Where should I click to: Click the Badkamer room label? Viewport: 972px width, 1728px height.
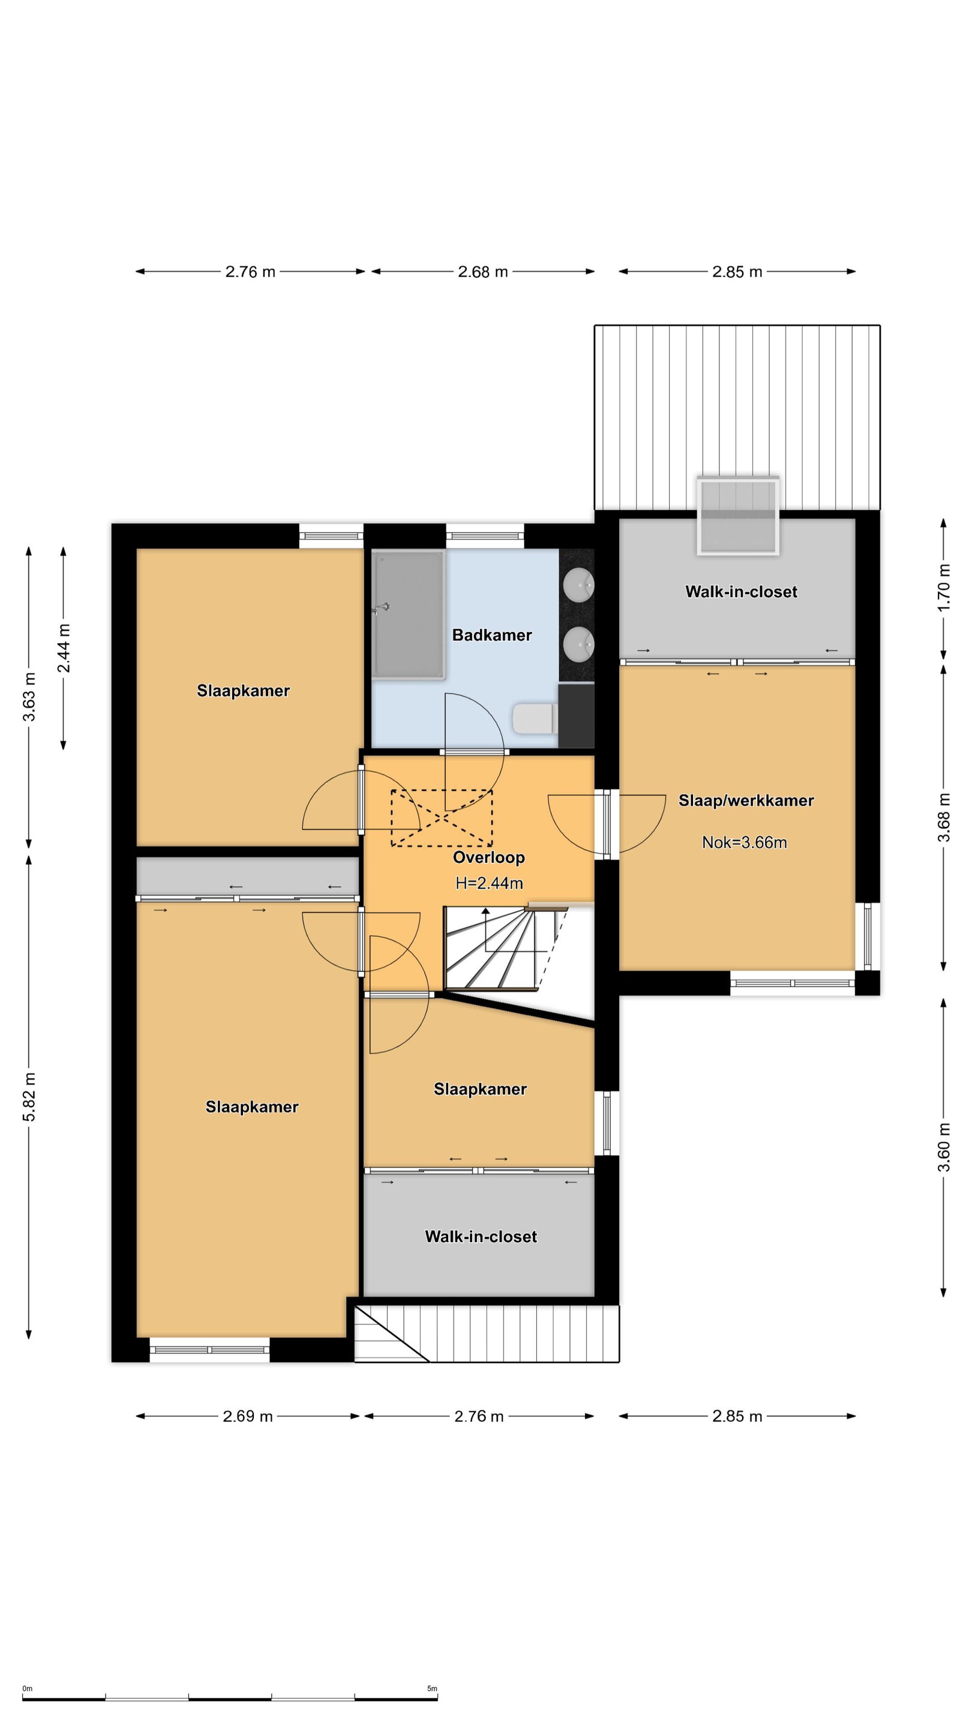tap(492, 635)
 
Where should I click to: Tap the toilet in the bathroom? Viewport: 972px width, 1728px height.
tap(535, 718)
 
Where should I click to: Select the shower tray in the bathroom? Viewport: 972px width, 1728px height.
tap(409, 614)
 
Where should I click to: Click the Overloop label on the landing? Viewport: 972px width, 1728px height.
tap(488, 857)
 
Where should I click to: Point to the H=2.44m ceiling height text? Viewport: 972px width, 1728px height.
tap(489, 883)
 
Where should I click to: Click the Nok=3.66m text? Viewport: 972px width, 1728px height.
tap(744, 842)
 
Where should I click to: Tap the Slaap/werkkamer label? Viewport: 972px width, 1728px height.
tap(746, 800)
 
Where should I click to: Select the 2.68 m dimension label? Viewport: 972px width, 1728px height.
tap(483, 272)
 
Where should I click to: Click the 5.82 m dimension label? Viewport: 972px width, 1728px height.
tap(29, 1097)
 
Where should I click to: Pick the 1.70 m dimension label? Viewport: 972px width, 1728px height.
tap(944, 587)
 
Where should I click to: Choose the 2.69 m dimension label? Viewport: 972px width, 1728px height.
tap(248, 1416)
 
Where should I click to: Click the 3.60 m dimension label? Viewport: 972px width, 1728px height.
tap(944, 1147)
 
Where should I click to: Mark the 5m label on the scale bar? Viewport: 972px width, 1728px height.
tap(432, 1688)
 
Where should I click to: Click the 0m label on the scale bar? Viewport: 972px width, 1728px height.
tap(28, 1688)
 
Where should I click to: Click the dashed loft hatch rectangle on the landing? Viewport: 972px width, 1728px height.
tap(442, 818)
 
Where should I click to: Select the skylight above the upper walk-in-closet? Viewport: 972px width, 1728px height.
tap(738, 516)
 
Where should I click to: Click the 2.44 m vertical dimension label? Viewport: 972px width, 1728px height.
tap(63, 648)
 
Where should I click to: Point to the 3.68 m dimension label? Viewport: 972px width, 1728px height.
tap(944, 817)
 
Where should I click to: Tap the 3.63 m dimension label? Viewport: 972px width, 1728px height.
tap(29, 696)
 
